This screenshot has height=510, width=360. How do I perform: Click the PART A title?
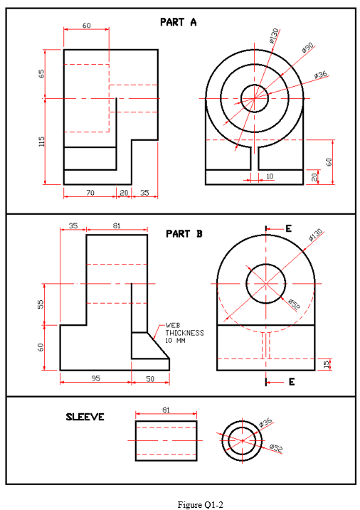(x=178, y=22)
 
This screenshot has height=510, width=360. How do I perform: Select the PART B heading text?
(x=184, y=233)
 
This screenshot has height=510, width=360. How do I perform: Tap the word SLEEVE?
(x=85, y=417)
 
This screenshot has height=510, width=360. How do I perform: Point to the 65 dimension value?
(x=42, y=74)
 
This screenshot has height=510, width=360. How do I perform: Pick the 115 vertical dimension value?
(x=42, y=142)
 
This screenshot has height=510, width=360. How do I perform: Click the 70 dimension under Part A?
(x=90, y=193)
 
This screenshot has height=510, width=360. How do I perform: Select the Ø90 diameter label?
(x=307, y=48)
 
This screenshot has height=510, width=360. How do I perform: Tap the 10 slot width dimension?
(x=270, y=176)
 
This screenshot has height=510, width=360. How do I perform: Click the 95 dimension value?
(x=95, y=379)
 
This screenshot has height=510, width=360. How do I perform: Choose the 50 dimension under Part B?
(x=150, y=379)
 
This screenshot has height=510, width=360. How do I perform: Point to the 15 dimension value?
(x=327, y=364)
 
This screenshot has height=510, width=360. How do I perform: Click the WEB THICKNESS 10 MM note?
(x=184, y=332)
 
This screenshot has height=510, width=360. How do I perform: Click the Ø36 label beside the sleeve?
(x=266, y=423)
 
